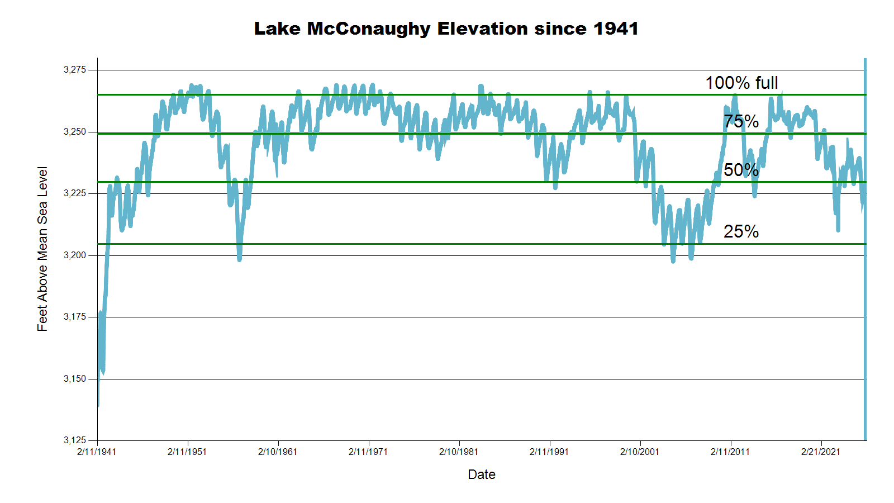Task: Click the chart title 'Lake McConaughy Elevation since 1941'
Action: [446, 29]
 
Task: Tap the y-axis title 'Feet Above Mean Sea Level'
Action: [42, 249]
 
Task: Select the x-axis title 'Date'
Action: [482, 474]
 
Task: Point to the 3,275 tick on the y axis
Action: [75, 70]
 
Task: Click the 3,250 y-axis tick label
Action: [75, 132]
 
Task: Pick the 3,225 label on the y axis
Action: [75, 193]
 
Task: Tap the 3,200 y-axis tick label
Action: [75, 255]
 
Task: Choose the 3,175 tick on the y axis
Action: [75, 317]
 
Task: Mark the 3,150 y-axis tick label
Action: [75, 379]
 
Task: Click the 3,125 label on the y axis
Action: [75, 440]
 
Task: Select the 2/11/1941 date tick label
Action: [97, 452]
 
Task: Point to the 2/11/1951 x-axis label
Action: [187, 452]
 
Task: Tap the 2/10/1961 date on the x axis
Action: [278, 452]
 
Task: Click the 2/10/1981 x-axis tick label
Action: [459, 452]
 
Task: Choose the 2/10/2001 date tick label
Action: [640, 452]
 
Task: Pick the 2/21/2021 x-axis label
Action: [821, 452]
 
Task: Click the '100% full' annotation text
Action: [741, 83]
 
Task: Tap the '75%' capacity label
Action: [741, 121]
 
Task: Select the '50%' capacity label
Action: [741, 170]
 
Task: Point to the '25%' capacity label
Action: [741, 231]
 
